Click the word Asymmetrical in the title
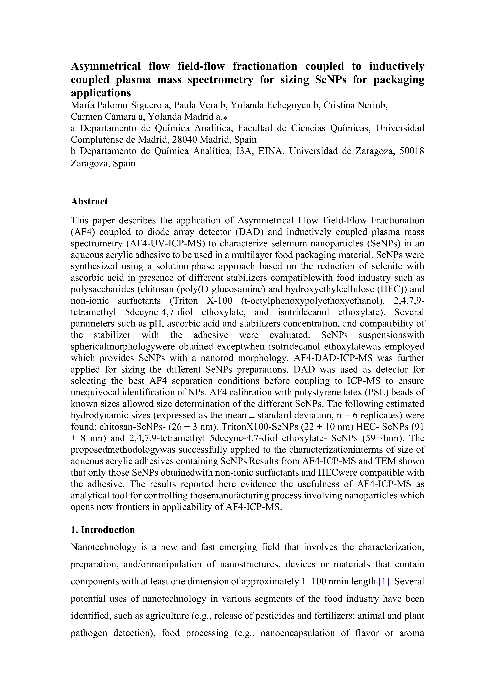[105, 66]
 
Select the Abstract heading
[89, 201]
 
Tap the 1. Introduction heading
[103, 530]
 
